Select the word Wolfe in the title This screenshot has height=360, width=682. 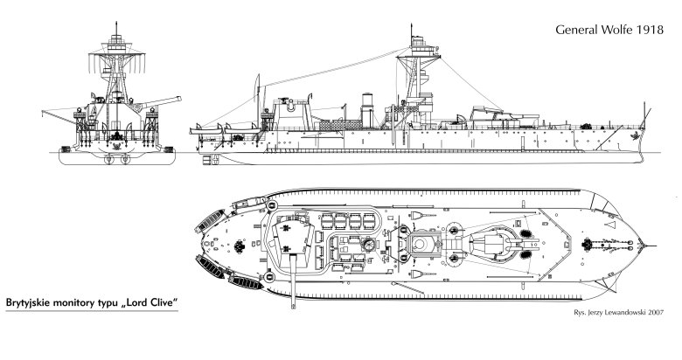pos(621,31)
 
